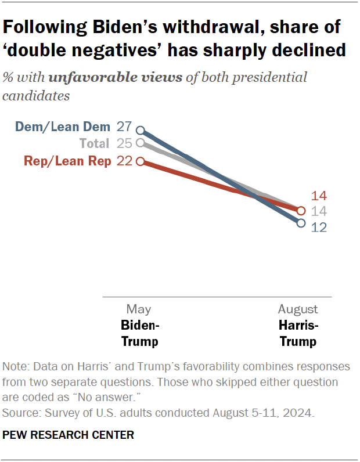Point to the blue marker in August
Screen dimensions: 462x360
pyautogui.click(x=301, y=223)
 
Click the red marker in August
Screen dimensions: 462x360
pyautogui.click(x=301, y=210)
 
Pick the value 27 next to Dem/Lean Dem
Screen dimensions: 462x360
pyautogui.click(x=125, y=127)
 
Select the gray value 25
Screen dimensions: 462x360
pyautogui.click(x=125, y=143)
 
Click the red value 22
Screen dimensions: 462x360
pyautogui.click(x=125, y=161)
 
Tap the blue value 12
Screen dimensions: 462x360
pyautogui.click(x=319, y=228)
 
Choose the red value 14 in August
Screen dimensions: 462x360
pyautogui.click(x=319, y=196)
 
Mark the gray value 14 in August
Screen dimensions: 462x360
pyautogui.click(x=319, y=212)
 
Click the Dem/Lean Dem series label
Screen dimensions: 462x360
pyautogui.click(x=63, y=127)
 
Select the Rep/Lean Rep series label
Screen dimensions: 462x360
pyautogui.click(x=67, y=161)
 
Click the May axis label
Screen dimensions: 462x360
pyautogui.click(x=139, y=309)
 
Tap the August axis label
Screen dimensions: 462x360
pyautogui.click(x=298, y=309)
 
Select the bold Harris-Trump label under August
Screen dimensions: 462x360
pyautogui.click(x=298, y=333)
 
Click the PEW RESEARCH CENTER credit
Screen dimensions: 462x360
pyautogui.click(x=68, y=435)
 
